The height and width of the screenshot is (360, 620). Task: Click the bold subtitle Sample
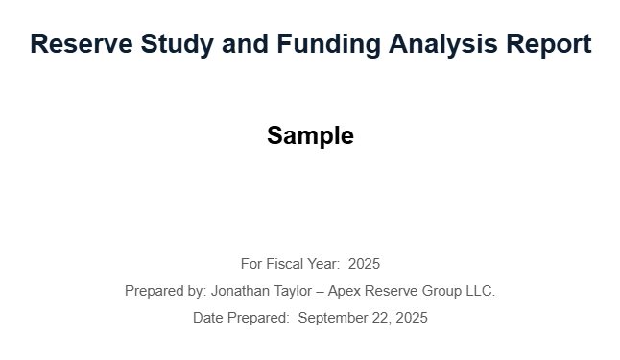pyautogui.click(x=310, y=136)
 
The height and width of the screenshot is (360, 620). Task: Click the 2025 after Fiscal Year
pyautogui.click(x=364, y=264)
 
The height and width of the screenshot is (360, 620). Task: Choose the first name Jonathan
pyautogui.click(x=243, y=291)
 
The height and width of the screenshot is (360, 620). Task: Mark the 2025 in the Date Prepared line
pyautogui.click(x=412, y=318)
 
